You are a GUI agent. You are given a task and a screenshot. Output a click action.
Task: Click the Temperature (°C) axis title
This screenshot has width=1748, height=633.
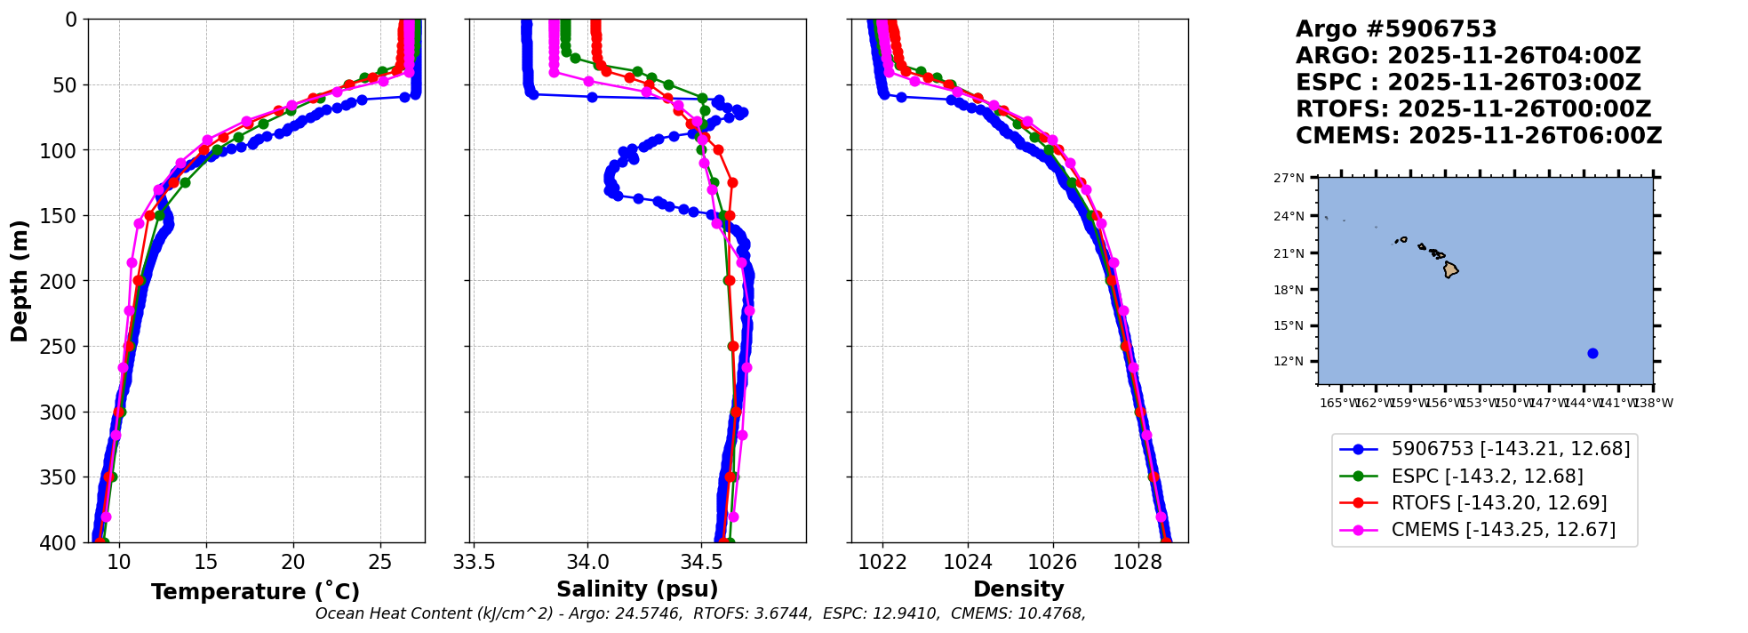coord(255,592)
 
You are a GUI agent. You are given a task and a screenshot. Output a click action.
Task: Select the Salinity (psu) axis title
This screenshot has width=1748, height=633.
coord(637,589)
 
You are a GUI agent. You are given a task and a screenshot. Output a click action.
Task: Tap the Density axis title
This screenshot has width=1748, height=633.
coord(1018,589)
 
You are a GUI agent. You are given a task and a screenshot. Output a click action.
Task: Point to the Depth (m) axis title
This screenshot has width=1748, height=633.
coord(20,280)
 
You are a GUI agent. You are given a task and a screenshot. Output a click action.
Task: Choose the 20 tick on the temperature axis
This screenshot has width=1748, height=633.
coord(293,562)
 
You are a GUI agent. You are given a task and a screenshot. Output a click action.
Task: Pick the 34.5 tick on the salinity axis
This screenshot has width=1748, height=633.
coord(701,562)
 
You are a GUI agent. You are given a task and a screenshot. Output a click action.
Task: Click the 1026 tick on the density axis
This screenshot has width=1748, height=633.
coord(1053,562)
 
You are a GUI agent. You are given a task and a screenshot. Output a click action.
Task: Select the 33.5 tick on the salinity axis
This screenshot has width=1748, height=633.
coord(474,562)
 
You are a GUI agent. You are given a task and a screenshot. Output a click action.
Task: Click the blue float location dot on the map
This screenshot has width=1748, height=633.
coord(1592,353)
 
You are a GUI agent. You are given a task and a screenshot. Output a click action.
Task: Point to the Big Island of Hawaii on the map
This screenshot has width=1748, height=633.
coord(1450,269)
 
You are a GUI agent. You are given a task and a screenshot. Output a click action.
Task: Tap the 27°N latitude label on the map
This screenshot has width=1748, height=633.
coord(1289,178)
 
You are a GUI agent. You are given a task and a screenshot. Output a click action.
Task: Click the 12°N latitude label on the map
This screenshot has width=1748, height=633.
coord(1289,361)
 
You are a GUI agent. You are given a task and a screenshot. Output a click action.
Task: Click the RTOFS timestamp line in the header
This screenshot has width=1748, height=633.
coord(1473,109)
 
